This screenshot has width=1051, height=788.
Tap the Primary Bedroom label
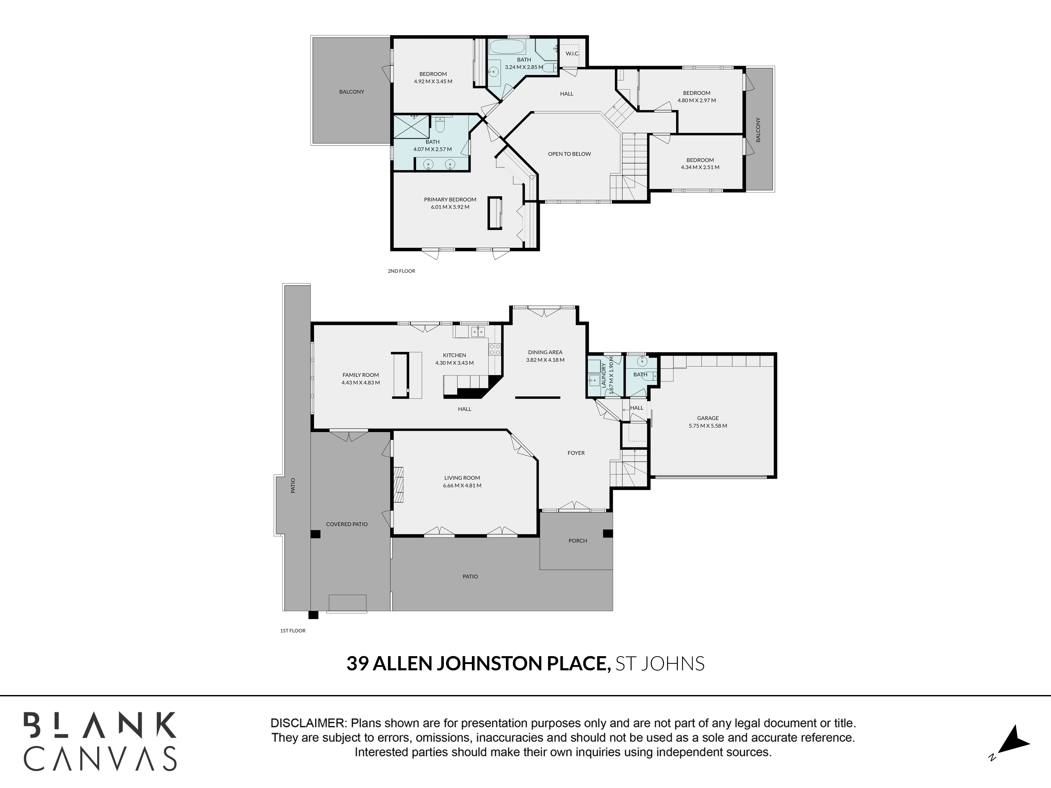point(450,199)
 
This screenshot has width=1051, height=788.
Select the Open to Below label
point(569,154)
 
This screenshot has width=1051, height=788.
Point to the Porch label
point(578,541)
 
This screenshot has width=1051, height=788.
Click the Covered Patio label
point(347,524)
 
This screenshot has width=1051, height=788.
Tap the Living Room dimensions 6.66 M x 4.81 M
point(462,485)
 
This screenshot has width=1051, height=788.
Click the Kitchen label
point(454,355)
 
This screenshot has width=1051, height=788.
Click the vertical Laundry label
point(604,376)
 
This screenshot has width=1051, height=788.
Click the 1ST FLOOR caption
point(293,631)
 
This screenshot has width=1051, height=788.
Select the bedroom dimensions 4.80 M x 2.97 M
point(697,101)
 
